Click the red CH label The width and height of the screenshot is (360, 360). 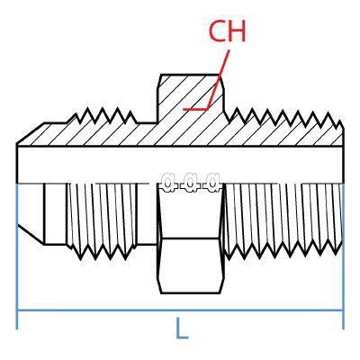tap(227, 31)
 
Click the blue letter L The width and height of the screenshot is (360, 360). tap(182, 328)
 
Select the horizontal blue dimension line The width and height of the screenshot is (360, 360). tap(180, 310)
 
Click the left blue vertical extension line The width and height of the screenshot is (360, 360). tap(17, 256)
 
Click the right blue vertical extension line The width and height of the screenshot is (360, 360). tap(343, 256)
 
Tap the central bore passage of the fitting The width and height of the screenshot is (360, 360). tap(180, 165)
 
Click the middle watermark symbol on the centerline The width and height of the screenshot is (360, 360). tap(190, 182)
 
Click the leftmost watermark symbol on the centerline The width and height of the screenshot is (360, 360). tap(168, 182)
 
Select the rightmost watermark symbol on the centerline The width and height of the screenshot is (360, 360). tap(212, 182)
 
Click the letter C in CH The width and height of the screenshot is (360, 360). tap(217, 31)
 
